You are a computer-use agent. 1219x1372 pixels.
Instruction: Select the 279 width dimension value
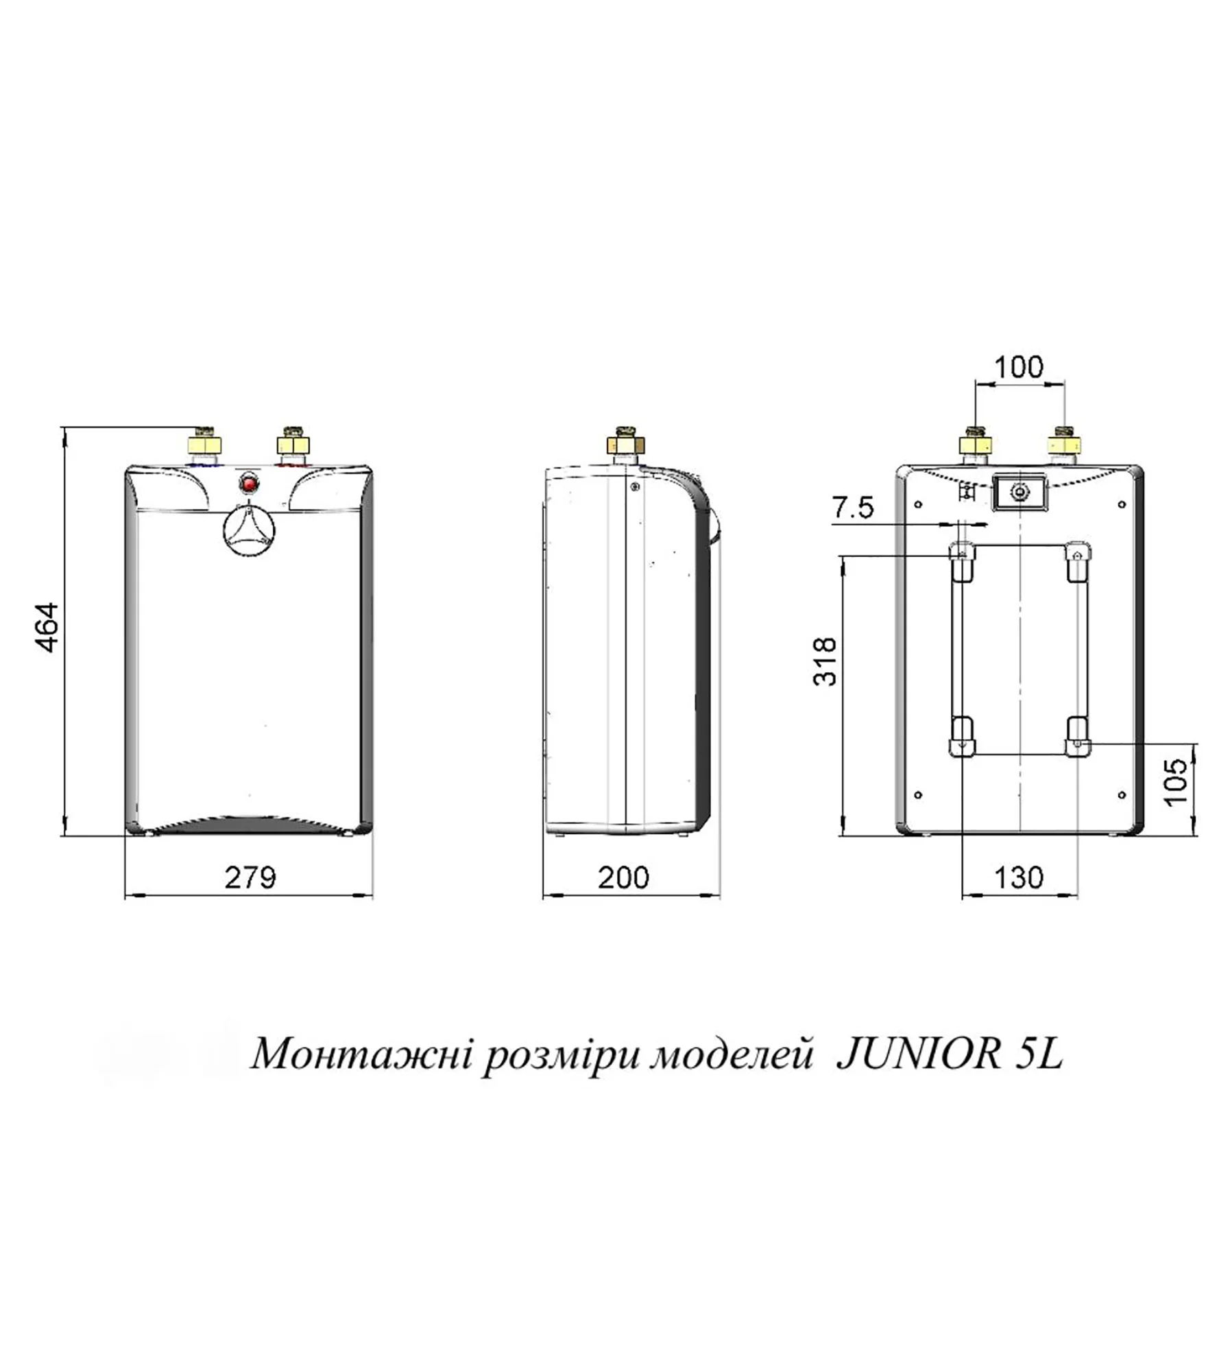250,877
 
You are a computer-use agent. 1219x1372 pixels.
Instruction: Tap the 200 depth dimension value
623,877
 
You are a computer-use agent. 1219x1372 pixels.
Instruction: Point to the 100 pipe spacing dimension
1018,367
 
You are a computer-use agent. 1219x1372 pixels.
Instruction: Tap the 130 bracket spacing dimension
1018,877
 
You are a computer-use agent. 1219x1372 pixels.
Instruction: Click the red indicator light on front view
249,484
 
